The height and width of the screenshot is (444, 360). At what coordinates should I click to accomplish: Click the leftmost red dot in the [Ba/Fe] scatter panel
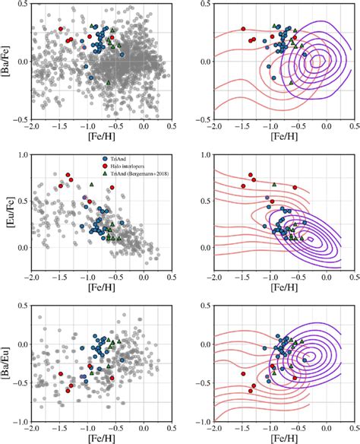tap(60, 29)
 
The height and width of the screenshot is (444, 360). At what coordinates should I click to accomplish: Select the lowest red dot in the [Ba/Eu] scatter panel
tap(69, 390)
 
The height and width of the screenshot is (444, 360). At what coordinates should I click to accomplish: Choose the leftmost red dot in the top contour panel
tap(244, 29)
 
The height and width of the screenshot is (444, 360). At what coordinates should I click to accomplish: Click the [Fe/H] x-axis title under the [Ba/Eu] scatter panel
tap(101, 439)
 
